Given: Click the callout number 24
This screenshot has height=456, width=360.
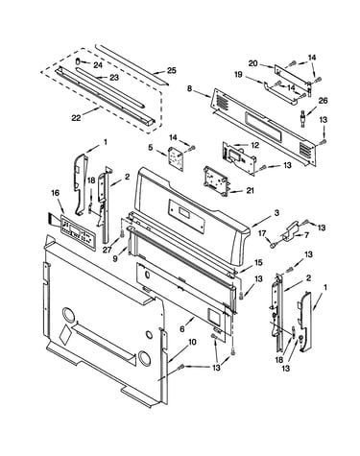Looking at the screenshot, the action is (98, 65).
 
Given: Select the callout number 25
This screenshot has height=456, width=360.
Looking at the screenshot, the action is (172, 70).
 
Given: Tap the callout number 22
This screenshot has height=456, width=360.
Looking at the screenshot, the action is (76, 118).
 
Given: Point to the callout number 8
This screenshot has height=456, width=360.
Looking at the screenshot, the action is (190, 88).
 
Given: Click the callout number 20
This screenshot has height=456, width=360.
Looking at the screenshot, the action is (253, 63).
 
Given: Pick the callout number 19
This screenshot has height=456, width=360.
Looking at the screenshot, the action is (238, 75).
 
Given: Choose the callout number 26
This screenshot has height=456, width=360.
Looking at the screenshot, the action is (324, 101).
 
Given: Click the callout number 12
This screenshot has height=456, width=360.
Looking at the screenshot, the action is (255, 145).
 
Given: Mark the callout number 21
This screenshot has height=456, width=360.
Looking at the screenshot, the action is (250, 190).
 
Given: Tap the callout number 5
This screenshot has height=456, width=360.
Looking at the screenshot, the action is (151, 148).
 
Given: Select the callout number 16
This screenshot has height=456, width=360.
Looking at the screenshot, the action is (55, 193).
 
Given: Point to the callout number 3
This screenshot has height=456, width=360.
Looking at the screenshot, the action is (276, 213).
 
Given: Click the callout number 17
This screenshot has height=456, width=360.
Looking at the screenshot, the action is (262, 234).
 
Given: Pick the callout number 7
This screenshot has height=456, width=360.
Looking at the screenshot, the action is (306, 235).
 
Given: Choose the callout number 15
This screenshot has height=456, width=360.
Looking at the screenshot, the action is (258, 262).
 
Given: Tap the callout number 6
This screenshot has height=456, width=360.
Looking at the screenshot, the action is (182, 328).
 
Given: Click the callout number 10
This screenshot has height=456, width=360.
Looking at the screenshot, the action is (192, 342).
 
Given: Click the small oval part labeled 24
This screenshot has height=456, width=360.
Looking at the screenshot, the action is (78, 60).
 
